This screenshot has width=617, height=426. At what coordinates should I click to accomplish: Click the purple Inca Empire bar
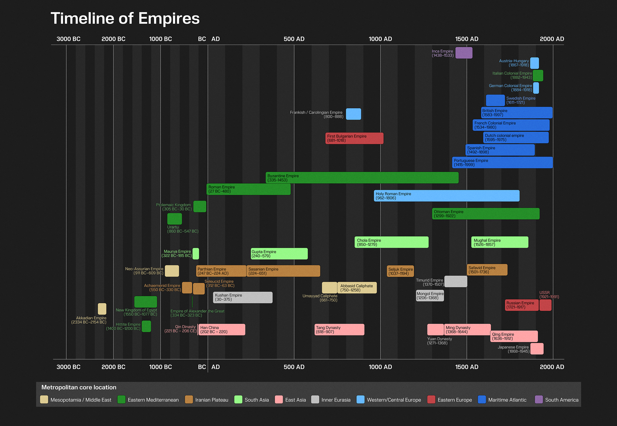[464, 53]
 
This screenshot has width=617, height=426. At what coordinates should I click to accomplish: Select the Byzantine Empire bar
[362, 178]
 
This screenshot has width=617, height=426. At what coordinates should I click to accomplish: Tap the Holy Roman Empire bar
[446, 196]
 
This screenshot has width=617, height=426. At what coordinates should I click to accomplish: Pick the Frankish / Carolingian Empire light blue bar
[353, 114]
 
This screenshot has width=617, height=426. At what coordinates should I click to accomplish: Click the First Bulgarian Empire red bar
[354, 138]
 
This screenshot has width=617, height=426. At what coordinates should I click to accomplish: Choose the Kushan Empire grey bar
[243, 297]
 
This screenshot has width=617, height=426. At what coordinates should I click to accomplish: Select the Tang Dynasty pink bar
[339, 330]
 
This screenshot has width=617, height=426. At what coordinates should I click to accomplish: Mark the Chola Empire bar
[391, 242]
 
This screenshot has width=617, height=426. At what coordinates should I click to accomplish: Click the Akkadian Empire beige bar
[102, 309]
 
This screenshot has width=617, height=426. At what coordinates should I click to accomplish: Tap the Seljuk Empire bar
[400, 271]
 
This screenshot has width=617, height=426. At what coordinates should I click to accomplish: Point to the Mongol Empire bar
[430, 296]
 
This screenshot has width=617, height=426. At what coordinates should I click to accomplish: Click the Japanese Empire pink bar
[537, 349]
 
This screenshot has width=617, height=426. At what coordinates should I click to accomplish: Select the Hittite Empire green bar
[146, 326]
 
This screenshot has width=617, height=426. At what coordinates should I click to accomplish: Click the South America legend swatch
[539, 400]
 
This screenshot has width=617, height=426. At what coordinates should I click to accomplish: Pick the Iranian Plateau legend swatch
[189, 400]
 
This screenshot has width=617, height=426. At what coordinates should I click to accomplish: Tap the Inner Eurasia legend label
[336, 400]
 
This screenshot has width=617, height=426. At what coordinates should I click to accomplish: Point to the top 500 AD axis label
[294, 39]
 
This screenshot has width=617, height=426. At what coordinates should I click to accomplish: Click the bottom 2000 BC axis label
[113, 367]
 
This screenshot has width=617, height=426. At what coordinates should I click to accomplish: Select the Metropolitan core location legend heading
[79, 387]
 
